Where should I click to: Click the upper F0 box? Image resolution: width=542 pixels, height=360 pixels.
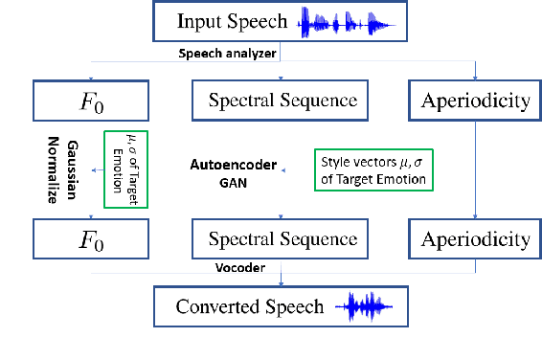tap(91, 100)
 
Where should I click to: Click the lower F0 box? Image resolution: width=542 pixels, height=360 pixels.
tap(91, 237)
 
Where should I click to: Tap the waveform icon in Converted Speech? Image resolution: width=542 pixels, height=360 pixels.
tap(358, 307)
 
